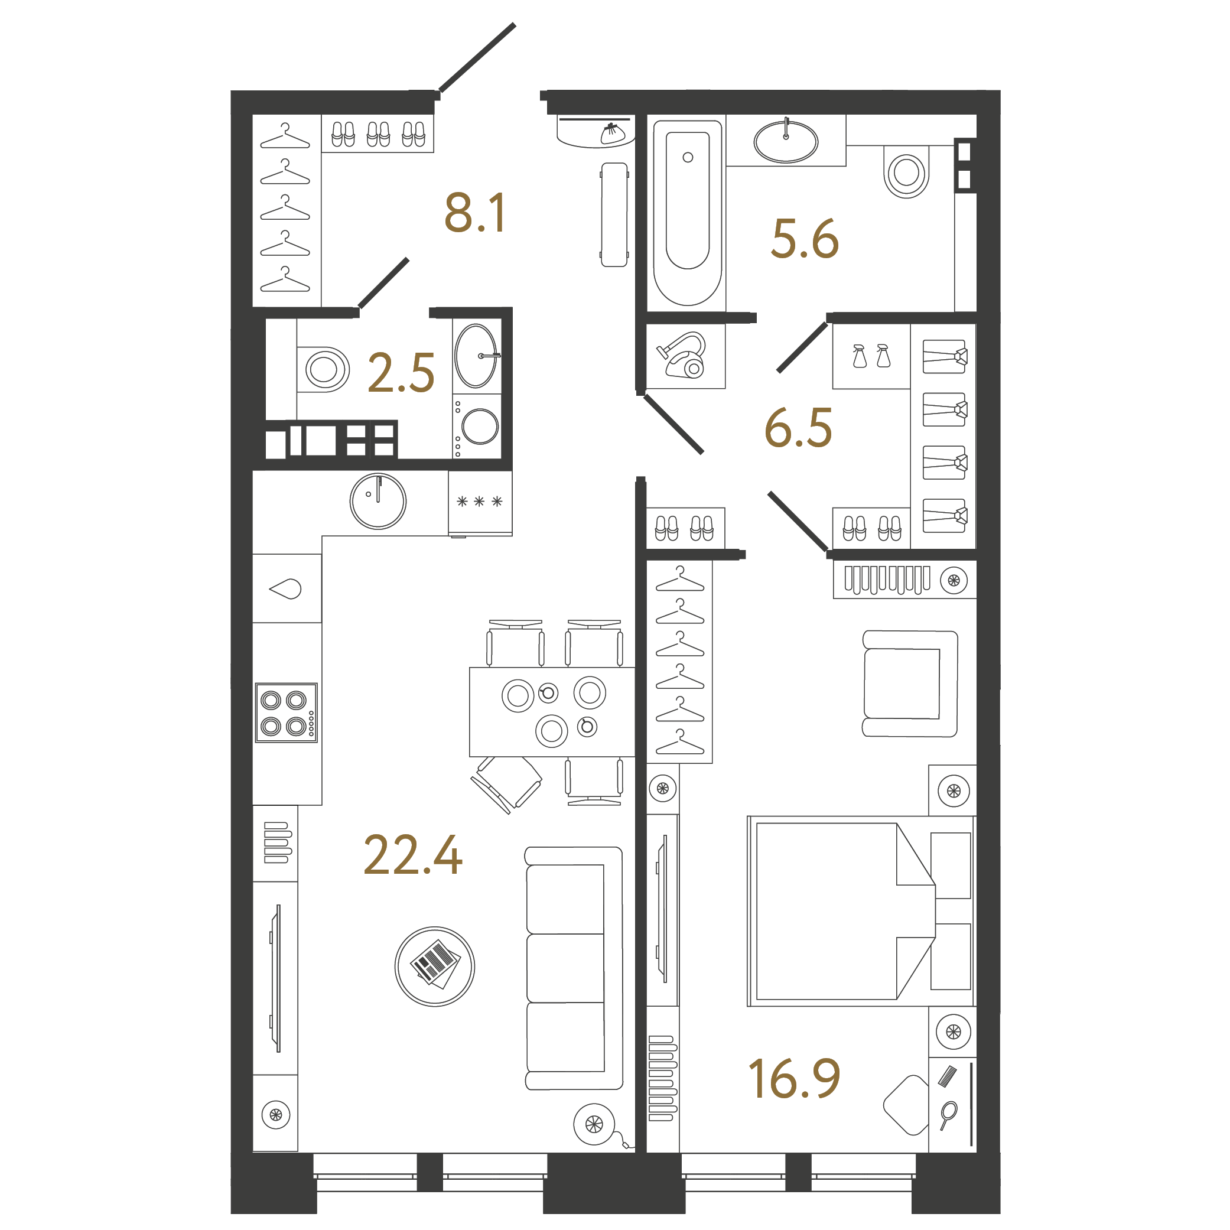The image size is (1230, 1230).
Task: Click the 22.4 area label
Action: [x=412, y=855]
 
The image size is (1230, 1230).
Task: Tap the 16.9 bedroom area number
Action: [x=794, y=1079]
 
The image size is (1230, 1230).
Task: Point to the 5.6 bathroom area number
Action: [x=805, y=239]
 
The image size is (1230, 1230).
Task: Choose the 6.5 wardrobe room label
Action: [x=798, y=427]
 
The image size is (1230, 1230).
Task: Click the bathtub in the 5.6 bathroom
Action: [x=688, y=213]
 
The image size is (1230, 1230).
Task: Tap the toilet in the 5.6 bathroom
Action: [x=907, y=172]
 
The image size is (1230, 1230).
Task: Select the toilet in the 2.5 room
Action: [x=323, y=369]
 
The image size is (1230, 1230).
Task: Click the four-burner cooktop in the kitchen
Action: [x=286, y=713]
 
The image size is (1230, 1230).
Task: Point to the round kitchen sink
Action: [x=378, y=501]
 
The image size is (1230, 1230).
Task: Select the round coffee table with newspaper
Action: [x=435, y=967]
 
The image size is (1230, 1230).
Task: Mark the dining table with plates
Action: [x=552, y=712]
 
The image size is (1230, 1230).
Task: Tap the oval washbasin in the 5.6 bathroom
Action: [x=786, y=141]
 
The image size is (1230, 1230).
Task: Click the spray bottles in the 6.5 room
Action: [x=871, y=356]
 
